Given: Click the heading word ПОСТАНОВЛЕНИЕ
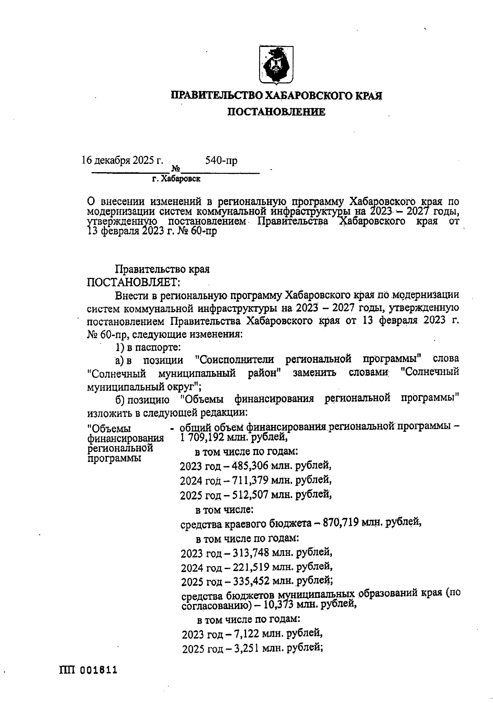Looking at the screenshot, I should (276, 112).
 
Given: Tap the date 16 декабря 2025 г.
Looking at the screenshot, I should (123, 160).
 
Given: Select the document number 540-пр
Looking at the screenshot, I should (221, 161).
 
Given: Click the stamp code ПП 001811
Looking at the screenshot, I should (88, 670).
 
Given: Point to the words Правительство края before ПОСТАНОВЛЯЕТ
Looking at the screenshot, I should (163, 270).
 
